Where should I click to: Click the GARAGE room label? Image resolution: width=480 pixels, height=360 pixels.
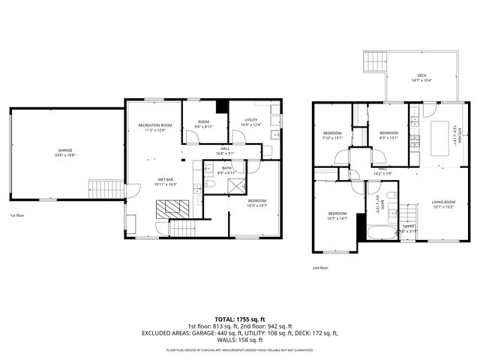64,151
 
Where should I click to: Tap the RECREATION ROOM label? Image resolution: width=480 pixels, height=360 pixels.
154,125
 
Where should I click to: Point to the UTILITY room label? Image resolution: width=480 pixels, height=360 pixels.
252,120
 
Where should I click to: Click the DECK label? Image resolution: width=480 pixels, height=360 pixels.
421,75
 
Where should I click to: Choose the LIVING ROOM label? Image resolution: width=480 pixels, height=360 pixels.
442,202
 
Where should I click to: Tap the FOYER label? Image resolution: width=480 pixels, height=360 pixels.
409,226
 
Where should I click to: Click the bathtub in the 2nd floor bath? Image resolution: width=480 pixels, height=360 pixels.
376,232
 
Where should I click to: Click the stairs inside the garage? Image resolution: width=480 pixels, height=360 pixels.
104,188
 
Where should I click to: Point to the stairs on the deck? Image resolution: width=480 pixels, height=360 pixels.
373,61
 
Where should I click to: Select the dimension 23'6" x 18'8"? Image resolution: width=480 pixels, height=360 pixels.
64,156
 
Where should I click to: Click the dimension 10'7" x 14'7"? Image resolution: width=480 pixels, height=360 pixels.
337,218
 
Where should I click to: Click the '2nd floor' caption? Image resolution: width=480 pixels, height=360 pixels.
321,268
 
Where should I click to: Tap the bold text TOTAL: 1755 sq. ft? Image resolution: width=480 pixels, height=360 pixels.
239,319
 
